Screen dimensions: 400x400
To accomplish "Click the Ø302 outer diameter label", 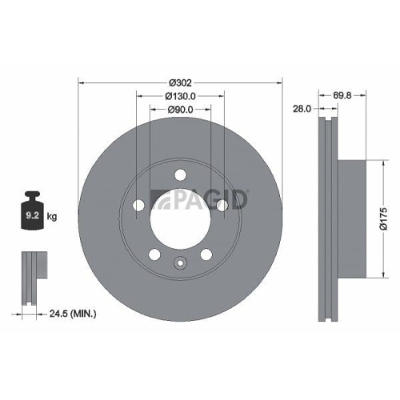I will [181, 82].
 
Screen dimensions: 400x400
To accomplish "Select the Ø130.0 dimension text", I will [181, 96].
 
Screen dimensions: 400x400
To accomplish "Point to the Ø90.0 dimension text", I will [181, 110].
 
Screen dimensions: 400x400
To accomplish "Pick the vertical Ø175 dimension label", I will [383, 222].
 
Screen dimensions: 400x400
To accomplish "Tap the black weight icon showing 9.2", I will [33, 211].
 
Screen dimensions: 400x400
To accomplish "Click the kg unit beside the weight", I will [53, 215].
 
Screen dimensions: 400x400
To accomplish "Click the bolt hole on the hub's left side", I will [139, 206].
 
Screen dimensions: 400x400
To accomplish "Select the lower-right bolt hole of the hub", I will [206, 254].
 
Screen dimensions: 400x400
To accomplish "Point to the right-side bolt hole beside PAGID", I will [222, 206].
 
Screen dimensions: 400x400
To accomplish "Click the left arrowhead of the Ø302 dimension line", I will [81, 82].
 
